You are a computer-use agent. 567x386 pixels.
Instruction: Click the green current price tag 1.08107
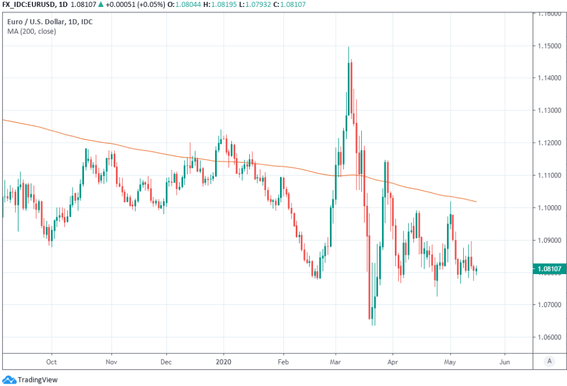click(x=548, y=268)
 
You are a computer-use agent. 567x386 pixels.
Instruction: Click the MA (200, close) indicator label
click(x=32, y=31)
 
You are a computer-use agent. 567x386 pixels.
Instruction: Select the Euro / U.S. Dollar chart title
click(x=50, y=22)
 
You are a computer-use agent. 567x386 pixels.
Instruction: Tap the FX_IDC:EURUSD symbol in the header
click(x=28, y=5)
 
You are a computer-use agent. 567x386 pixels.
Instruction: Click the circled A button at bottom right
click(x=548, y=361)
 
